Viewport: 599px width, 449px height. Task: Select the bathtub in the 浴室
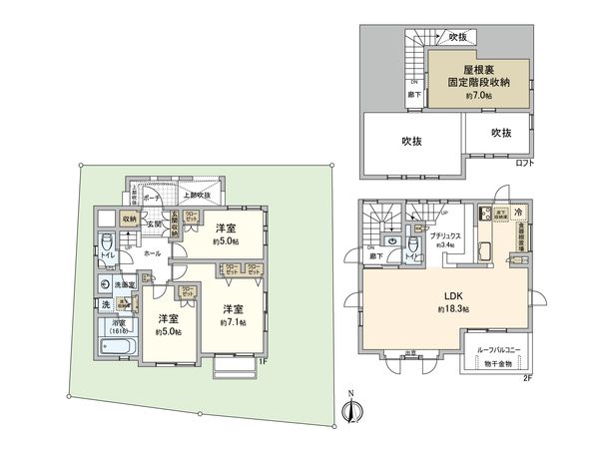pos(119,346)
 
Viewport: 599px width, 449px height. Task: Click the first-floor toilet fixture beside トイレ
pos(107,244)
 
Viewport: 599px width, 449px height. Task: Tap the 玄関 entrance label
pos(155,224)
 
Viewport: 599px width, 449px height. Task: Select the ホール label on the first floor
pos(151,253)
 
